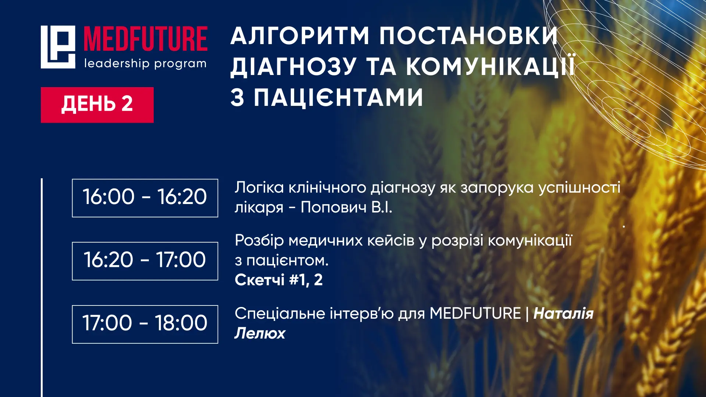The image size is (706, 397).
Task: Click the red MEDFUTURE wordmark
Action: pos(146,39)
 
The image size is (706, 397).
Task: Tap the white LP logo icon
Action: pos(58,47)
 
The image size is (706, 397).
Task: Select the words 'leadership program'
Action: pos(145,64)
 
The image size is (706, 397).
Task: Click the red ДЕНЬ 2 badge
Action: pos(97,105)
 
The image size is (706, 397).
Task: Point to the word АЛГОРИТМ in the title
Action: pos(300,36)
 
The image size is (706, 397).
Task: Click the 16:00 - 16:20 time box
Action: pos(145,198)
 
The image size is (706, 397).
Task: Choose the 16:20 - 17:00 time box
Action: pos(145,261)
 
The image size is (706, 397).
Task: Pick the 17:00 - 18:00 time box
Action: pos(145,324)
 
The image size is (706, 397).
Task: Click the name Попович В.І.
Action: pos(346,207)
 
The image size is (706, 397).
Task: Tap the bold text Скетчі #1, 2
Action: pos(279,280)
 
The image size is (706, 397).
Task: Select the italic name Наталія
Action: pos(564,314)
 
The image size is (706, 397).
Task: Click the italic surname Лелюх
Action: pos(260,333)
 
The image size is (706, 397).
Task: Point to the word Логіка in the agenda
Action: pos(259,187)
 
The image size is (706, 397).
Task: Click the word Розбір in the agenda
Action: pos(259,241)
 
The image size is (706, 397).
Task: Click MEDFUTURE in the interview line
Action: pos(475,314)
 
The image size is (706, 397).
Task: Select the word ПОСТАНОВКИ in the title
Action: pos(469,36)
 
